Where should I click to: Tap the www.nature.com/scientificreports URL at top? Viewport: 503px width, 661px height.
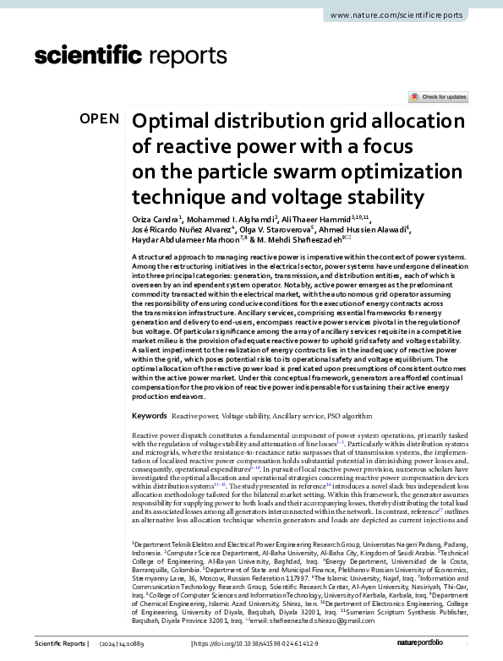point(398,16)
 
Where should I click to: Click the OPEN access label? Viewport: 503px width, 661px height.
point(100,118)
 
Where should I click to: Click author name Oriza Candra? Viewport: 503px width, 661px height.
point(156,218)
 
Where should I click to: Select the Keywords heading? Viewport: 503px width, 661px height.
point(150,417)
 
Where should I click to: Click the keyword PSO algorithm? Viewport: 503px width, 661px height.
point(346,417)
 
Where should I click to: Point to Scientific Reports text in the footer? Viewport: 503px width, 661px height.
point(59,644)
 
